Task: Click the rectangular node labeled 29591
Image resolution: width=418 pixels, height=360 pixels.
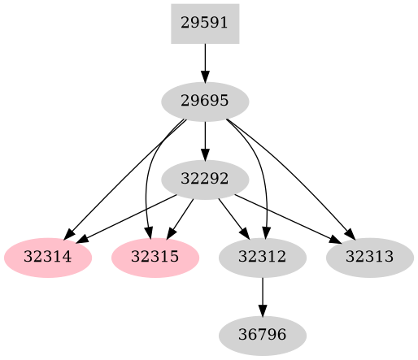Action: click(x=205, y=23)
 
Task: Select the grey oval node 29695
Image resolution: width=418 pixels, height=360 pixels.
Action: click(x=205, y=102)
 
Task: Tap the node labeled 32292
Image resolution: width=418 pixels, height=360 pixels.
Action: click(x=205, y=180)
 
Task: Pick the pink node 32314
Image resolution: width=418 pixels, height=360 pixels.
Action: click(x=48, y=258)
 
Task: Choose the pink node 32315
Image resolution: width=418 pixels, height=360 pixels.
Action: click(x=155, y=258)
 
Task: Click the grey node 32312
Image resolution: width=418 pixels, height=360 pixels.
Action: click(x=263, y=258)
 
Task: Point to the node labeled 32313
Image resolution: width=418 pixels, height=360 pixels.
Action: click(x=370, y=258)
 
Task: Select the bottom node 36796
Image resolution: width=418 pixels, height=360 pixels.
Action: click(x=263, y=334)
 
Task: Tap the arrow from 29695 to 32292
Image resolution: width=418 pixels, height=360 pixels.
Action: click(x=205, y=140)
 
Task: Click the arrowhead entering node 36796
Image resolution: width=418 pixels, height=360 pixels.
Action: click(x=263, y=310)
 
